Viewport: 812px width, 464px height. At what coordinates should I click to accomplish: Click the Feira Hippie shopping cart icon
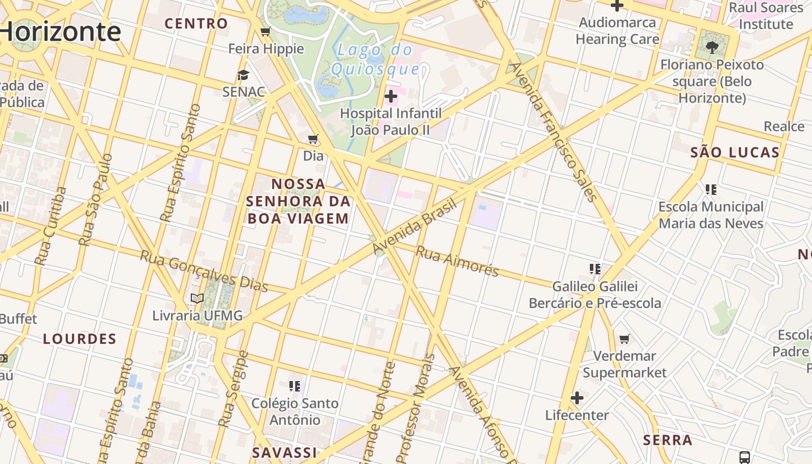(266, 31)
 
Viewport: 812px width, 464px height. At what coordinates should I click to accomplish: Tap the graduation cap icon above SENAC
(243, 75)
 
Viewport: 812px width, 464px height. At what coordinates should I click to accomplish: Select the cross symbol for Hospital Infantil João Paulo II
(391, 95)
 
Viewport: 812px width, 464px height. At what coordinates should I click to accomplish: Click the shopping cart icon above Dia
(313, 139)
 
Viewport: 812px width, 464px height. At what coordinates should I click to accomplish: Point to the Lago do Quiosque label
(375, 60)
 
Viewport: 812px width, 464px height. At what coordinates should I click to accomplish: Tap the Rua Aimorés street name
(458, 262)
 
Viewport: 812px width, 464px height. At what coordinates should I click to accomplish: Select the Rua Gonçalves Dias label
(204, 271)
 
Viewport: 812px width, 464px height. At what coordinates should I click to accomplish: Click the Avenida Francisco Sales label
(554, 132)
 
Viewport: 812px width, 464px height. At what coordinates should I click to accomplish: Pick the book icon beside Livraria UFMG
(197, 298)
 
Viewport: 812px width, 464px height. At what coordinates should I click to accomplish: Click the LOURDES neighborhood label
(80, 339)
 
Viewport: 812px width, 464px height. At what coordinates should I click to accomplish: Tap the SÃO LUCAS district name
(735, 153)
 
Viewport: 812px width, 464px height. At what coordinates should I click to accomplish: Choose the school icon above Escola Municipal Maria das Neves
(711, 189)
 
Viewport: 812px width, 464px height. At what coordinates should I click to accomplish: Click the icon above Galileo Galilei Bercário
(594, 269)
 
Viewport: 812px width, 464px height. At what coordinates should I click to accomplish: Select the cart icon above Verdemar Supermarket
(625, 339)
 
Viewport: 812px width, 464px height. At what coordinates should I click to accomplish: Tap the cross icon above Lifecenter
(577, 398)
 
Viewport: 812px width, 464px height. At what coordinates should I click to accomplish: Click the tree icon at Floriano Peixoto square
(712, 47)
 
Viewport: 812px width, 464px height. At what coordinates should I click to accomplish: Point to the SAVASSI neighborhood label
(285, 452)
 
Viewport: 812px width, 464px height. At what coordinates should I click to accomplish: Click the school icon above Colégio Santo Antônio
(295, 386)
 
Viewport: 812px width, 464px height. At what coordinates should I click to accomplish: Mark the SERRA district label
(668, 440)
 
